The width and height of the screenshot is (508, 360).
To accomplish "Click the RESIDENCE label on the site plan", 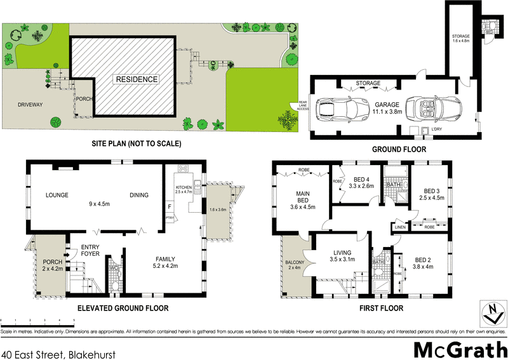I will click(136, 79).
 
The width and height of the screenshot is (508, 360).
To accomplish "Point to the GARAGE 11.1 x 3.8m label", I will click(387, 107).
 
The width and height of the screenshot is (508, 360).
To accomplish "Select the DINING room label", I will click(139, 196).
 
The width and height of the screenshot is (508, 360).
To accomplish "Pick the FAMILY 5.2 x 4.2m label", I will click(165, 262).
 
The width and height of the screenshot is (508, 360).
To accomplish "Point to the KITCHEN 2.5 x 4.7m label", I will click(183, 190).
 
